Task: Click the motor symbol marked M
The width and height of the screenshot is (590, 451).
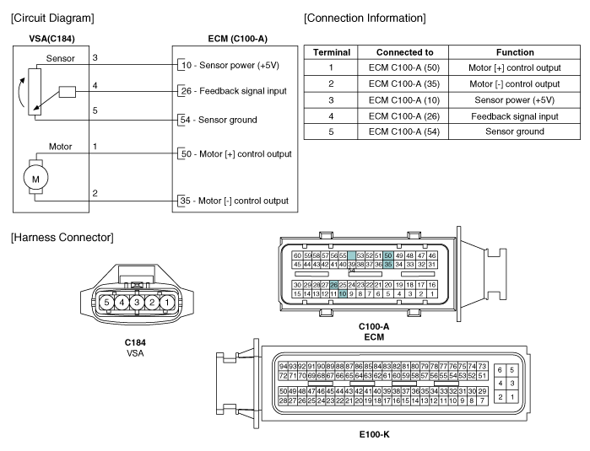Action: [x=35, y=179]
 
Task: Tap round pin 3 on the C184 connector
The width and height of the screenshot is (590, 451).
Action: [x=137, y=302]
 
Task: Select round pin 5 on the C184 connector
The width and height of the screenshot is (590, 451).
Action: [x=107, y=302]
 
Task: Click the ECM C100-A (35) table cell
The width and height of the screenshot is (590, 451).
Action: [x=403, y=83]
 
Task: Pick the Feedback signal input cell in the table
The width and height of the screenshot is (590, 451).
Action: [x=514, y=116]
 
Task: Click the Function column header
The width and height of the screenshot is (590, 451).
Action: [x=515, y=52]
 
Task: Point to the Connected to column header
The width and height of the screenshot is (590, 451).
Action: [x=404, y=52]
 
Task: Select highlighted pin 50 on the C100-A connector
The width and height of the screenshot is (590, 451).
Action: [x=388, y=255]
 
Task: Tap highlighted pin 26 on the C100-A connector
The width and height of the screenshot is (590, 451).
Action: [x=333, y=285]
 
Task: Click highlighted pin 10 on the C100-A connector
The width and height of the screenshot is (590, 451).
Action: [x=343, y=294]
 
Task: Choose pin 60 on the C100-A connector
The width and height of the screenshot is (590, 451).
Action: [x=297, y=255]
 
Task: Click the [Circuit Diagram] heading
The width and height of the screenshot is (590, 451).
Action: [x=52, y=18]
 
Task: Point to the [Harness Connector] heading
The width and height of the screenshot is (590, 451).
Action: [x=62, y=238]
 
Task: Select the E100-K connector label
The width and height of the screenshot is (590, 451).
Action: [x=375, y=435]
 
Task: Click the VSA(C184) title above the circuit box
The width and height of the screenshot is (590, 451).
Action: [x=52, y=39]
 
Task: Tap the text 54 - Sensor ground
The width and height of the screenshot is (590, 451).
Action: [x=219, y=120]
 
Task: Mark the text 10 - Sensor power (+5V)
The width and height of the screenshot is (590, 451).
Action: [x=230, y=65]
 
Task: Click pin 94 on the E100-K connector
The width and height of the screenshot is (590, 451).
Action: [x=283, y=366]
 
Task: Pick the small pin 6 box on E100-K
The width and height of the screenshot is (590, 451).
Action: [x=500, y=370]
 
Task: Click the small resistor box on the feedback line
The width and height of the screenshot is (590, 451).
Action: [x=68, y=92]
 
